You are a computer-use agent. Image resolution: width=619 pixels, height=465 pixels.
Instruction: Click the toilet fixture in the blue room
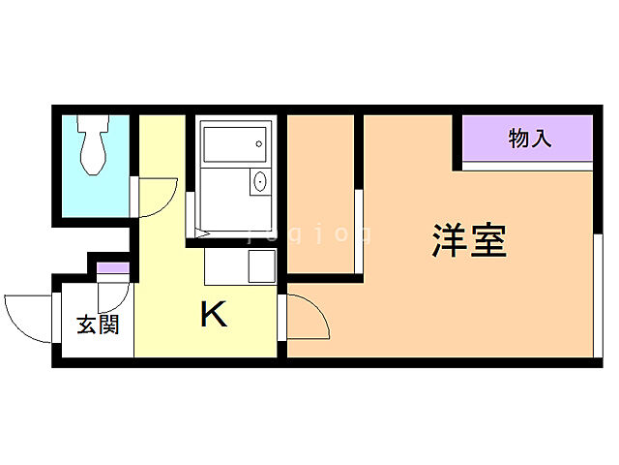pyautogui.click(x=94, y=150)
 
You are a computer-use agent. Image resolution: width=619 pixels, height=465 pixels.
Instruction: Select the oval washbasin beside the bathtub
pyautogui.click(x=259, y=181)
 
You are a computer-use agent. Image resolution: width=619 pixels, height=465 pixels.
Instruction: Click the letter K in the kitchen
pyautogui.click(x=213, y=314)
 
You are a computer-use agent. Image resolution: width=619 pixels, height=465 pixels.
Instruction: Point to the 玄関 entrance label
pyautogui.click(x=99, y=325)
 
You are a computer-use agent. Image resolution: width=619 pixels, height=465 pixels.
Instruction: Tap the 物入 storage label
pyautogui.click(x=530, y=139)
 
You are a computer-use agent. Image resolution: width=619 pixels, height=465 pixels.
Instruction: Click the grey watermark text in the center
pyautogui.click(x=309, y=232)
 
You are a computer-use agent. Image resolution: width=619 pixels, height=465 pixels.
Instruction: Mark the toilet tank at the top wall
pyautogui.click(x=94, y=124)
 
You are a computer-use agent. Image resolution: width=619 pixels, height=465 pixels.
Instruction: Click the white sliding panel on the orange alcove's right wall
pyautogui.click(x=358, y=232)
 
